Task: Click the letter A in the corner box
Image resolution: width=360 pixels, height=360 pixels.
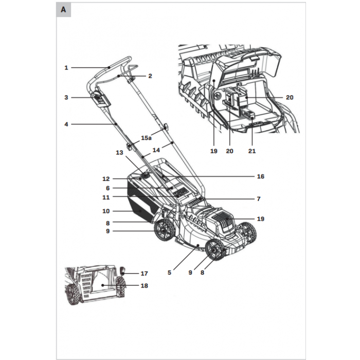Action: point(63,10)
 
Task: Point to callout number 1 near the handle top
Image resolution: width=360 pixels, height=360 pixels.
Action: point(66,67)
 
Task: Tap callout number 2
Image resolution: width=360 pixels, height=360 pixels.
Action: point(150,76)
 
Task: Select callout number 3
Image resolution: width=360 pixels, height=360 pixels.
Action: point(66,97)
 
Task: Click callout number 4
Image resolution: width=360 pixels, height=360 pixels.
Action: point(66,124)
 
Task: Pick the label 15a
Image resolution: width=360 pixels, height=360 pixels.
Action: point(147,138)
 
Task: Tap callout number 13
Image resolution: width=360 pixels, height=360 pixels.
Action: point(119,153)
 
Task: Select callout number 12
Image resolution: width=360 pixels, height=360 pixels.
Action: point(106,179)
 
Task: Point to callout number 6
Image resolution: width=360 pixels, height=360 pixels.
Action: point(107,188)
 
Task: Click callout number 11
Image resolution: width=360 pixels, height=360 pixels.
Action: point(106,197)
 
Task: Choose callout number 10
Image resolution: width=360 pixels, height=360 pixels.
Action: point(106,211)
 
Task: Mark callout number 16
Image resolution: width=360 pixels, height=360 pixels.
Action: point(260,176)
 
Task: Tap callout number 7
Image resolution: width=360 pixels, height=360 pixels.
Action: point(258,199)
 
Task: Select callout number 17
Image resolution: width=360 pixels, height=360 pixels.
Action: point(144,274)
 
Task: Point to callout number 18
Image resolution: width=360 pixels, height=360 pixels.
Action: point(144,286)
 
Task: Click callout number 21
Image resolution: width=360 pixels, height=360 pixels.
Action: point(252,151)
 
